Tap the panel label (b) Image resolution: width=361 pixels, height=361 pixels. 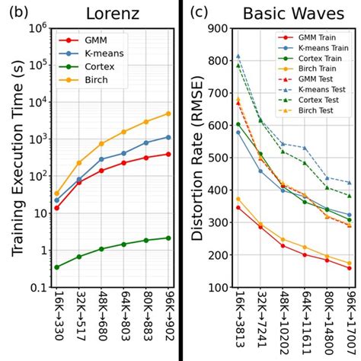coord(16,12)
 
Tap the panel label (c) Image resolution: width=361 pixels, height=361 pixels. coord(200,12)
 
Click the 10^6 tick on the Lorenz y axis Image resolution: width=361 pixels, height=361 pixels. coord(37,28)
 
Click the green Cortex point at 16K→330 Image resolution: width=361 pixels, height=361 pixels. coord(57,267)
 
